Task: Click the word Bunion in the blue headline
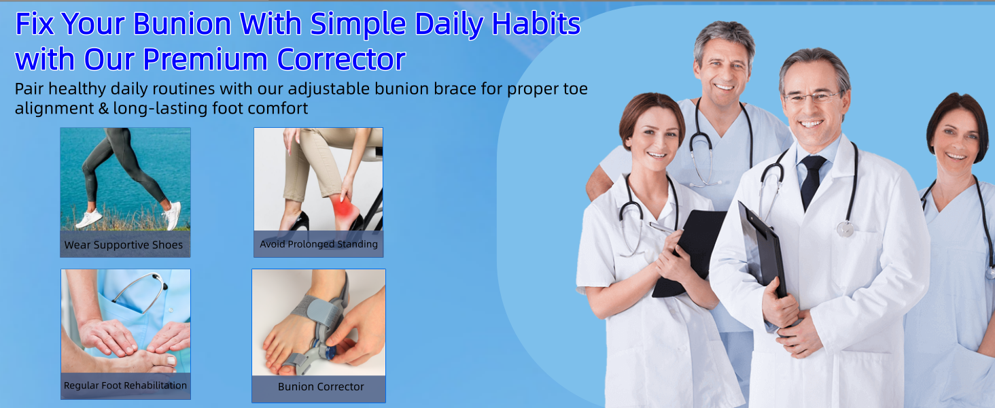182,24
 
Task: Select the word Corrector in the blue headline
341,59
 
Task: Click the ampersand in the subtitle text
103,108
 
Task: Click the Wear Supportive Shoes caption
124,245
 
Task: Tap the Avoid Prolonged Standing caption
319,244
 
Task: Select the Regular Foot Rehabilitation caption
125,386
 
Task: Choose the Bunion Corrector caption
321,387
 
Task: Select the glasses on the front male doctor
812,97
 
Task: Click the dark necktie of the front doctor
811,180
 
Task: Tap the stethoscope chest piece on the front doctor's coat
845,228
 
